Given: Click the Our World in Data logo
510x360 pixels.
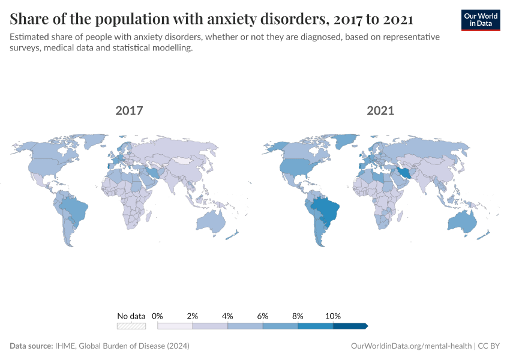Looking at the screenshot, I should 481,20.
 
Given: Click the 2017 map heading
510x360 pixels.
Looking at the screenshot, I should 129,110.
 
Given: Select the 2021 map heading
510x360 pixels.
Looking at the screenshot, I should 380,110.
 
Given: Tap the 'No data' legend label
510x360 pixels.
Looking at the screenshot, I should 131,316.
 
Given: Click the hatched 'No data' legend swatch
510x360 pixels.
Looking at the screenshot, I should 131,326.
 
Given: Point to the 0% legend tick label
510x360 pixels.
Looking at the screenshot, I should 158,316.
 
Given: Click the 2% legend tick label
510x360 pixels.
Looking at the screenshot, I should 193,316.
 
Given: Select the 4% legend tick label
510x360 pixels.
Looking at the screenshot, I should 227,316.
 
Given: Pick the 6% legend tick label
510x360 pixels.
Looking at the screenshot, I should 263,316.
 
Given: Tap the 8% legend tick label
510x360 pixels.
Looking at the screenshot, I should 298,316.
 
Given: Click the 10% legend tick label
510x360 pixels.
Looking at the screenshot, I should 333,316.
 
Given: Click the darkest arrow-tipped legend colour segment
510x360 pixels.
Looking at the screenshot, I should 350,326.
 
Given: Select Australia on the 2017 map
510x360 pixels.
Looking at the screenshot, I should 211,223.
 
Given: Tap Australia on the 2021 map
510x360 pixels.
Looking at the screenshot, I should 461,223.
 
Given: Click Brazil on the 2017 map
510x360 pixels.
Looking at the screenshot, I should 76,210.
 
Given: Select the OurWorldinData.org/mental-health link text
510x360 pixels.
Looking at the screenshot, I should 410,346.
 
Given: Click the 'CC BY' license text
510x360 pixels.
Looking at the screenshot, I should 489,346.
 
